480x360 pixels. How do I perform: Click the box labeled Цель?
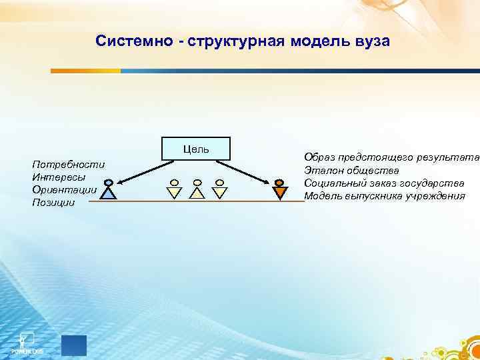click(196, 149)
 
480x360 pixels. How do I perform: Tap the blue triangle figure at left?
click(109, 191)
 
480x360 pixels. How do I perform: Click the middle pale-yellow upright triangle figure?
click(197, 191)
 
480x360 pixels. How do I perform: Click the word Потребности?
click(68, 164)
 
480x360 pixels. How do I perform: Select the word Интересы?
click(58, 177)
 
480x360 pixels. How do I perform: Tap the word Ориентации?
click(64, 189)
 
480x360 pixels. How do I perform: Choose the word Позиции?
click(53, 202)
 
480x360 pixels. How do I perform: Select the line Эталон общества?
click(351, 170)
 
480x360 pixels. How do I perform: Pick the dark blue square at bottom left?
click(73, 345)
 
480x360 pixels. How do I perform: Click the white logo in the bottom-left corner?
click(25, 341)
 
